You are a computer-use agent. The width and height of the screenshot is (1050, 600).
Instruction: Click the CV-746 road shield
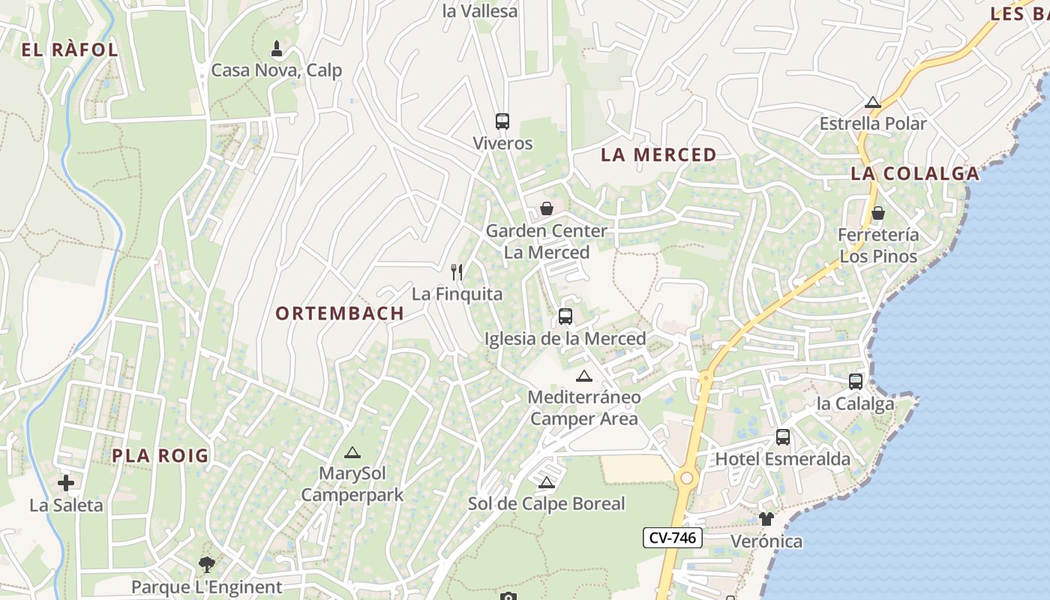[672, 538]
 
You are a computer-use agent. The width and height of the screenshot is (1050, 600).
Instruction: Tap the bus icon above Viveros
[502, 121]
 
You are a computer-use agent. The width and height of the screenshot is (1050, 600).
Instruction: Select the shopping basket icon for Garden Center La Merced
[547, 208]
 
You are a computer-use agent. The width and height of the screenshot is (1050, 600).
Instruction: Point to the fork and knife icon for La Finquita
[457, 271]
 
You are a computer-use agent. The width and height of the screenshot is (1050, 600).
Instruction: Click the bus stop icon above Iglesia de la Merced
[565, 316]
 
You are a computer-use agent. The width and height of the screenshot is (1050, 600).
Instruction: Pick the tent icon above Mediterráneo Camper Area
[584, 376]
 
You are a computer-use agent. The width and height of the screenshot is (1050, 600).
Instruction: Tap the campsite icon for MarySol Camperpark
[352, 452]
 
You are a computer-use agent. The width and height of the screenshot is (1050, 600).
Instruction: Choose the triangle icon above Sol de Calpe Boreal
[547, 482]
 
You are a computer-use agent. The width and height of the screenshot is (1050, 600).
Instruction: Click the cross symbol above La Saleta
[66, 483]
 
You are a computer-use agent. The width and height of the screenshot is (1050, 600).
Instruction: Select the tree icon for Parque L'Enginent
[207, 565]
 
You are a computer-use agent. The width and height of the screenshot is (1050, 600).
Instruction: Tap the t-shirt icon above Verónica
[766, 519]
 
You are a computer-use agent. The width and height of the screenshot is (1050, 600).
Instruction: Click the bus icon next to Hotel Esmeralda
[783, 436]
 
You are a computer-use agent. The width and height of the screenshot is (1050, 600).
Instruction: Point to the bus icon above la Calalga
[856, 381]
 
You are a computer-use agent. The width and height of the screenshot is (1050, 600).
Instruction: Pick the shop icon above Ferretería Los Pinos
[878, 213]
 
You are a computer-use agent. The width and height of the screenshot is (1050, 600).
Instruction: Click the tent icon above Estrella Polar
[873, 102]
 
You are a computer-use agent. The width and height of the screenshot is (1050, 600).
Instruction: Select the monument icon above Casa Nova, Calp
[277, 49]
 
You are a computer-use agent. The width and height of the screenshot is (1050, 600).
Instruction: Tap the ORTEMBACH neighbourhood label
[340, 313]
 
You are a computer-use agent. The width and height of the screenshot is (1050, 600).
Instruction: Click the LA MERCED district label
[658, 155]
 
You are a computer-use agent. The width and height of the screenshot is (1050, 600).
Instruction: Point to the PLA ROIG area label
[160, 456]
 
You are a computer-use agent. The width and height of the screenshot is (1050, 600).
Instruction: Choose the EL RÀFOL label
[70, 50]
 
